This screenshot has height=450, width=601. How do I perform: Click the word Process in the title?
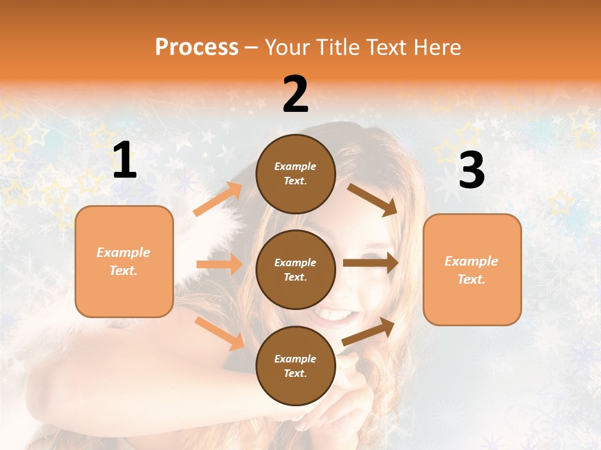pos(197,47)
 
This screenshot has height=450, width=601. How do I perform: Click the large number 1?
pos(125,161)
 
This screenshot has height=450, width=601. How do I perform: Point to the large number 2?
pos(295,95)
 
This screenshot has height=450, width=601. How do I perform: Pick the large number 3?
pos(471,171)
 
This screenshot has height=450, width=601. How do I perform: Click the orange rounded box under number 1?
pos(124,261)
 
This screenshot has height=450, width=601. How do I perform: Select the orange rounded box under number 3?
pos(472,269)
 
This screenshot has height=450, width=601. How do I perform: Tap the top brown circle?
pos(295,173)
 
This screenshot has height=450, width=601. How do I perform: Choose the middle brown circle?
pos(295,269)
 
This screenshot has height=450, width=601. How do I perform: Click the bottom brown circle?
pos(295,366)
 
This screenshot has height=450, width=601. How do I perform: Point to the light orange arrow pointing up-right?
pos(218,199)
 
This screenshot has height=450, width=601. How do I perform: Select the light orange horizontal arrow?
pos(219,264)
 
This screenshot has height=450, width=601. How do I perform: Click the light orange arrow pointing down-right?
pos(219,333)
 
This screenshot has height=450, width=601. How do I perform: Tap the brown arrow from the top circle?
pos(372,199)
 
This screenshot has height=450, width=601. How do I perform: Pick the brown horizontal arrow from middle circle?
pos(371,263)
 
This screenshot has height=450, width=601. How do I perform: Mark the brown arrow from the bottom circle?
pos(369,332)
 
